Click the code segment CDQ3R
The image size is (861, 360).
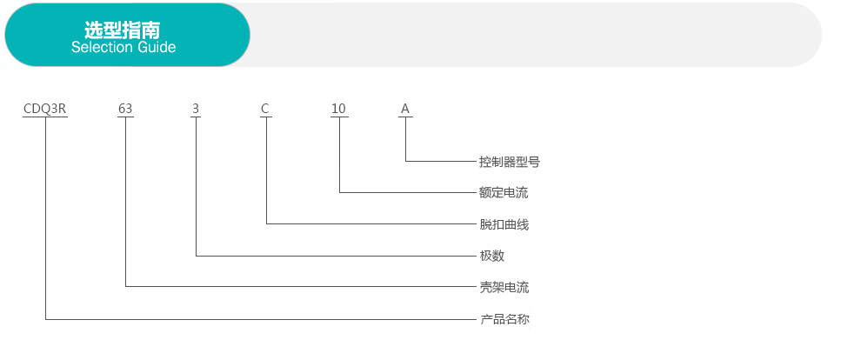[x=45, y=109]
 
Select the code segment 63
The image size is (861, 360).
[x=125, y=109]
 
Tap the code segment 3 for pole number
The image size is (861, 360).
[x=196, y=109]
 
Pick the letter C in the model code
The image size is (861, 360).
[x=265, y=109]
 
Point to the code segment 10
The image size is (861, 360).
[x=338, y=109]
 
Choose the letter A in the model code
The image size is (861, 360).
[x=404, y=109]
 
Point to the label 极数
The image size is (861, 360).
[x=492, y=256]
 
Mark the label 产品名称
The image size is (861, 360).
[x=504, y=319]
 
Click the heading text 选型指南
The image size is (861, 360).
[x=123, y=29]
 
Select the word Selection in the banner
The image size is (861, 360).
[x=100, y=48]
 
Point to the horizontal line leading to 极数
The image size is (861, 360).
[x=330, y=256]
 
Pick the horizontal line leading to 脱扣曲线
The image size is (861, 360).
[x=365, y=224]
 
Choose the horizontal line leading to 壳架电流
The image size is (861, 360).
[x=296, y=287]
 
